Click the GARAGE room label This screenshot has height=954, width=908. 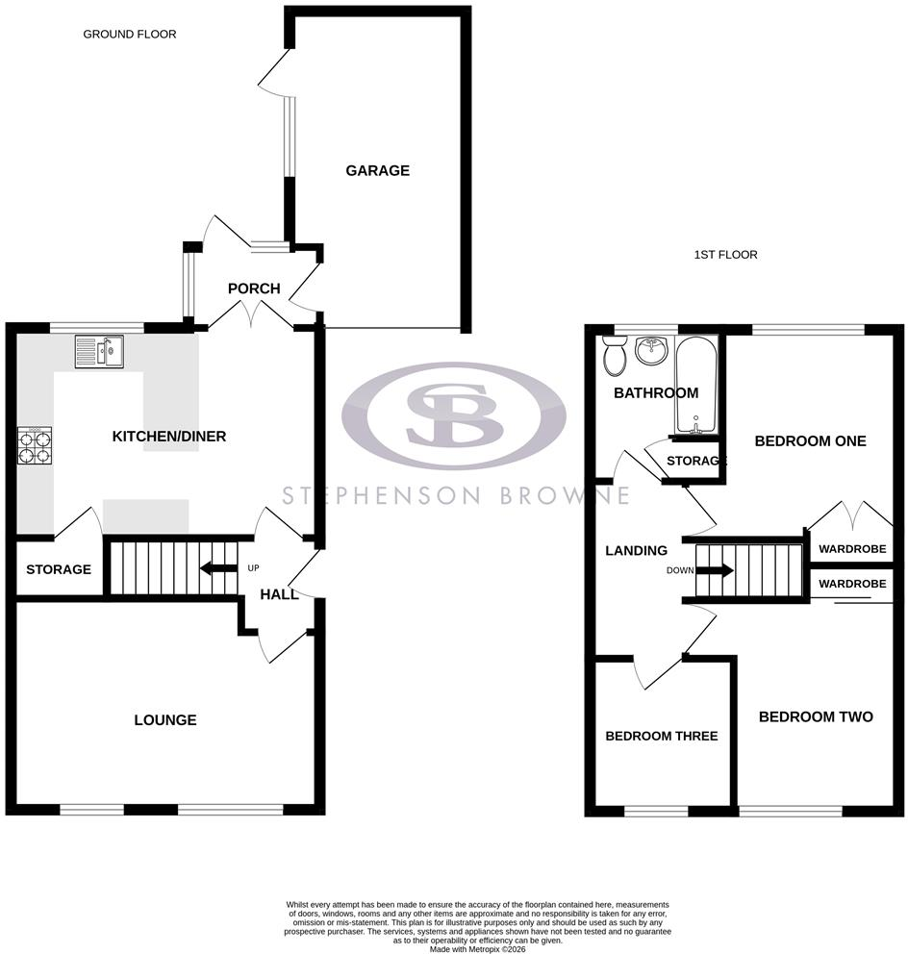(x=377, y=170)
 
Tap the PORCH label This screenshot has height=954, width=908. (x=254, y=289)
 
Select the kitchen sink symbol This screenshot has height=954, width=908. (x=99, y=352)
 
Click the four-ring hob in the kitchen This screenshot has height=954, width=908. (x=35, y=446)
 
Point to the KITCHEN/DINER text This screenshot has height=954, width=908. (x=169, y=437)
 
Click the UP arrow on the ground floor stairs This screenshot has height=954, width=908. (x=218, y=569)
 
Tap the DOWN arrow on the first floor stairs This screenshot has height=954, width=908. (x=715, y=570)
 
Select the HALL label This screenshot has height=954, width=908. (x=279, y=594)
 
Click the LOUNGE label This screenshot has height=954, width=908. (x=165, y=720)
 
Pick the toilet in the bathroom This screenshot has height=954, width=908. (x=615, y=355)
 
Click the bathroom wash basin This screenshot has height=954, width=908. (x=652, y=350)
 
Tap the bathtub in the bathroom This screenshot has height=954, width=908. (x=696, y=385)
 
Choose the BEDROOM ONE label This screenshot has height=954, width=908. (x=810, y=441)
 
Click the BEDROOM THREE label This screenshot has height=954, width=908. (x=662, y=737)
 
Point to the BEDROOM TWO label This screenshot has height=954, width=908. (x=816, y=716)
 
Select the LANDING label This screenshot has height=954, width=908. (x=636, y=551)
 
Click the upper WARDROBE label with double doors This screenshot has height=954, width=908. (x=852, y=549)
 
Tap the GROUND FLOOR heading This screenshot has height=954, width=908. (x=130, y=34)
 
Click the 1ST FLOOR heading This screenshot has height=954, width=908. (x=725, y=254)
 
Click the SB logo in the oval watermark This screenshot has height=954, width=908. (x=455, y=416)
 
